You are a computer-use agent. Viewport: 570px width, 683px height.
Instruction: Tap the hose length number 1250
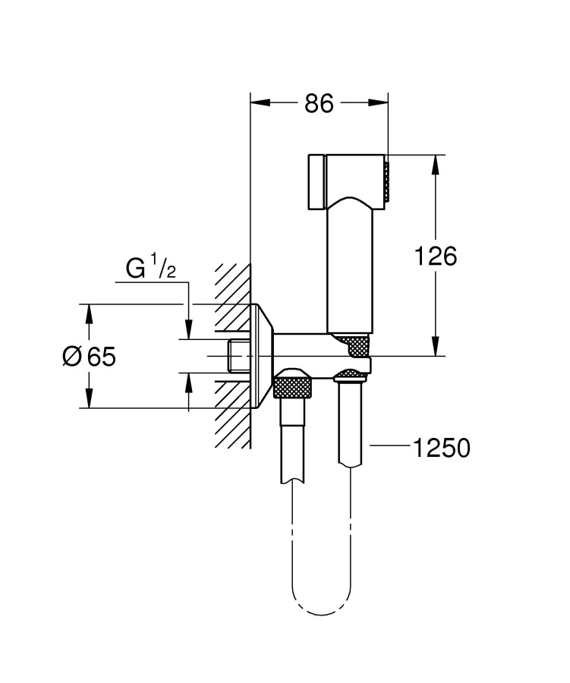coord(441,449)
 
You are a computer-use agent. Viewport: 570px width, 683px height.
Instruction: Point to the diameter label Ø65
coord(90,356)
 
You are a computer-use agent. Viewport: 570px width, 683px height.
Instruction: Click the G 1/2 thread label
coord(150,267)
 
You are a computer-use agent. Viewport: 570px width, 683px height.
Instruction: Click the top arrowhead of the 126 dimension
coord(436,162)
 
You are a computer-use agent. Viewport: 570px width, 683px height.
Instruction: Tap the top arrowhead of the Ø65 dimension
coord(89,310)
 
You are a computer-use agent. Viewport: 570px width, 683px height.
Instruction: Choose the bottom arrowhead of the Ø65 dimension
coord(89,402)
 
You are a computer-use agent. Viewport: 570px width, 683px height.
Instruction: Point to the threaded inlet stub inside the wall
coord(238,355)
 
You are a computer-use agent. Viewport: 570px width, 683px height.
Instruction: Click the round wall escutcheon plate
coord(263,355)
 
